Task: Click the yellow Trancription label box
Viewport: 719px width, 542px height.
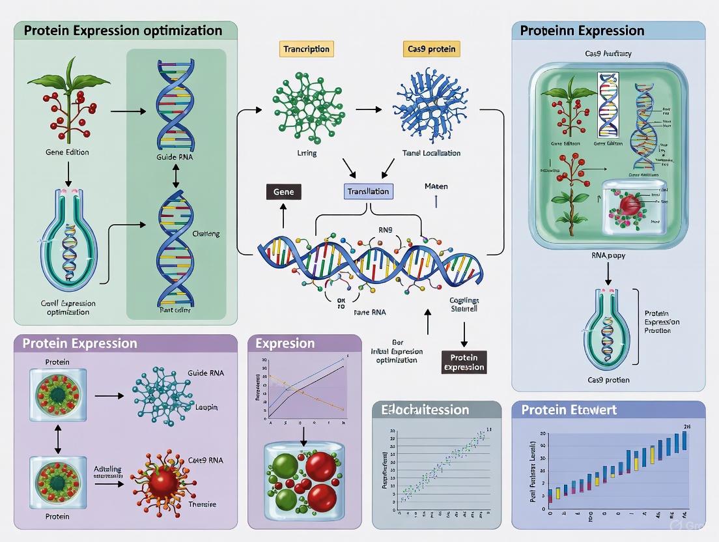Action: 307,49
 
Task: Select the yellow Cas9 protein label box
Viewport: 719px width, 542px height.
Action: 432,49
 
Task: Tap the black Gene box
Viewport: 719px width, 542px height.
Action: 284,192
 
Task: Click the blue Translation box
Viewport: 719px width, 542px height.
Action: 369,192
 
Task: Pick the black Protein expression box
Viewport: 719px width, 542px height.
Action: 464,362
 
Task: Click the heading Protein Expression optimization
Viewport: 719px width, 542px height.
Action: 123,31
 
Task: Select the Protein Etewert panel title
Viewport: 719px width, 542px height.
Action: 569,410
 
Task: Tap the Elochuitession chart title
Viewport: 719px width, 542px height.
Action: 425,410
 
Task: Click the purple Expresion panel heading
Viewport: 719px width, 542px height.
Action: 285,343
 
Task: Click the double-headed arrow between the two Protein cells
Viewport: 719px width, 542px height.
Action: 57,434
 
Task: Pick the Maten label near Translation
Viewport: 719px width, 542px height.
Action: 436,187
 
